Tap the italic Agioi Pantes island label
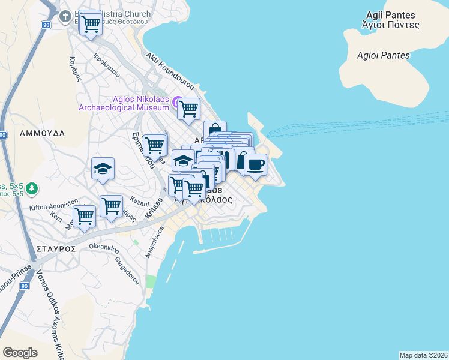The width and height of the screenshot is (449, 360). pyautogui.click(x=383, y=55)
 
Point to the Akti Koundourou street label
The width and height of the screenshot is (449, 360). pyautogui.click(x=170, y=68)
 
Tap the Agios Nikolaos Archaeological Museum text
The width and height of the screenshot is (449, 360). pyautogui.click(x=124, y=104)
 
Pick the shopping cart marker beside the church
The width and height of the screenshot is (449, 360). pyautogui.click(x=91, y=25)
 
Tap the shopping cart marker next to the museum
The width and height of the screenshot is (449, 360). pyautogui.click(x=188, y=109)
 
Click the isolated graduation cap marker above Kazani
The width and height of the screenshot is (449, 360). pyautogui.click(x=103, y=169)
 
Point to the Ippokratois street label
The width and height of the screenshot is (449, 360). pyautogui.click(x=107, y=66)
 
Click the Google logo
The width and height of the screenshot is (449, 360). pyautogui.click(x=20, y=352)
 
